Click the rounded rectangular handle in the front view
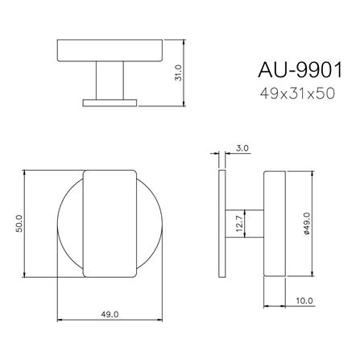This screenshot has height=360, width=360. pos(110,224)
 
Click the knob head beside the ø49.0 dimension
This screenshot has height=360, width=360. pos(275,224)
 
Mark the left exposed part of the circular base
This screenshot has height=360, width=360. pos(69,224)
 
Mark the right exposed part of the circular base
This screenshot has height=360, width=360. pos(150,224)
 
